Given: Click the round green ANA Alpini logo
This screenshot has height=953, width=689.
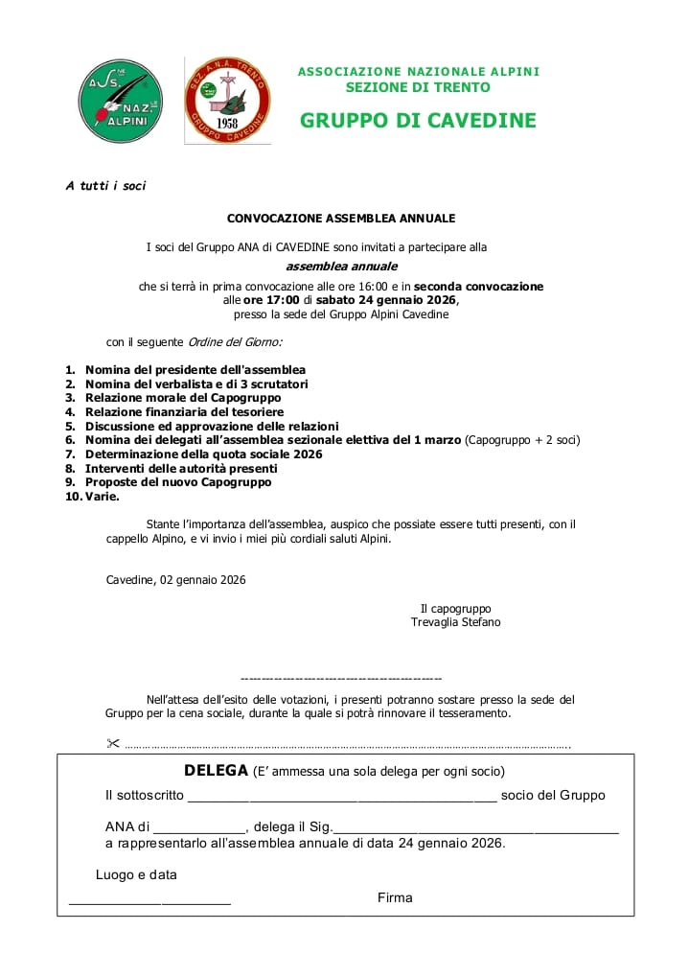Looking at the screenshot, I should click(x=120, y=101).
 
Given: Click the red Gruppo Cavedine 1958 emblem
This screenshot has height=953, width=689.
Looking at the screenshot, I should click(x=227, y=101).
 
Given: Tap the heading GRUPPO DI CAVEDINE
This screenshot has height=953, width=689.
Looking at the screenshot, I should click(x=418, y=121).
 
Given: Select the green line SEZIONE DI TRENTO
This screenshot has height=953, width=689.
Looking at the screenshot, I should click(x=418, y=87).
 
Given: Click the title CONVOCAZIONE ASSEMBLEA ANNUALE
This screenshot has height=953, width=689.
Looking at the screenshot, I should click(x=341, y=219).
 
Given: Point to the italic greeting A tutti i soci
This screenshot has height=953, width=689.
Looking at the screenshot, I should click(x=105, y=186).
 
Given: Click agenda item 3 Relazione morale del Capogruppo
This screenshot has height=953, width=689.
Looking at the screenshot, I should click(x=183, y=398).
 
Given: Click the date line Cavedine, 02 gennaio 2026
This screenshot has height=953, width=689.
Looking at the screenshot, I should click(x=175, y=580).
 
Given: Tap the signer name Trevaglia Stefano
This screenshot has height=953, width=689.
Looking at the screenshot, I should click(x=455, y=622).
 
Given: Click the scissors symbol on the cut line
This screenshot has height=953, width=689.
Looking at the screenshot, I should click(x=112, y=744).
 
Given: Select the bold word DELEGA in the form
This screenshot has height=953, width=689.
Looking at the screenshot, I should click(x=216, y=771).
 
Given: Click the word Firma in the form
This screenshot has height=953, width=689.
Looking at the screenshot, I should click(x=395, y=898).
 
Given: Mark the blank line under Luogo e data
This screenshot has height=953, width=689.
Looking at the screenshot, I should click(x=149, y=902).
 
